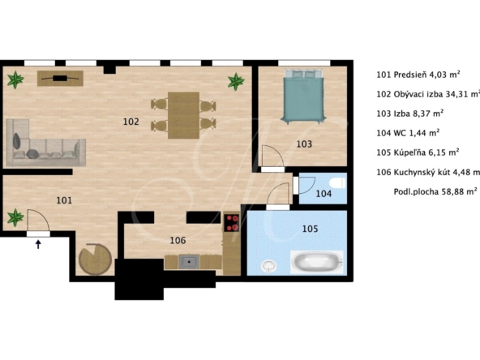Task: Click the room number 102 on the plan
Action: click(x=131, y=122)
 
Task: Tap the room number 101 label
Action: click(x=64, y=200)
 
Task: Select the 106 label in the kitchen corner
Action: click(x=178, y=240)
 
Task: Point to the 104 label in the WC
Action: click(x=324, y=194)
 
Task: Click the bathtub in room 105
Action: click(x=316, y=263)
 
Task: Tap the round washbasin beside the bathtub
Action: click(x=268, y=266)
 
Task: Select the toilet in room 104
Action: click(x=339, y=183)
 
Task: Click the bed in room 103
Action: click(x=303, y=96)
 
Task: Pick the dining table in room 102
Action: click(x=184, y=115)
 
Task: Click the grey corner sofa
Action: click(x=45, y=144)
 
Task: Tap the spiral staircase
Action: click(x=95, y=259)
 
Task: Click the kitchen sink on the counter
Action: click(x=189, y=262)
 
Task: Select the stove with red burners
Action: click(x=231, y=222)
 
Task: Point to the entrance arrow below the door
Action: click(x=38, y=244)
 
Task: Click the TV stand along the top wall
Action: click(x=60, y=79)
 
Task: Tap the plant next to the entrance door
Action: click(x=15, y=217)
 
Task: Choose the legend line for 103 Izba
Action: click(x=410, y=114)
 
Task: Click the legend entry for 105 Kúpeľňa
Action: click(x=418, y=152)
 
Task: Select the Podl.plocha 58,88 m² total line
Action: click(x=435, y=191)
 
